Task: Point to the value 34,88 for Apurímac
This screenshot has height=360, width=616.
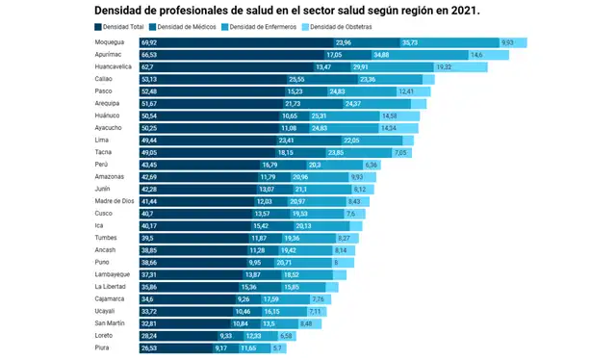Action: point(382,55)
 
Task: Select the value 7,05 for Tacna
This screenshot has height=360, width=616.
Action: point(401,152)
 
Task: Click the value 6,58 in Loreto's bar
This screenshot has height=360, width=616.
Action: point(286,335)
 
